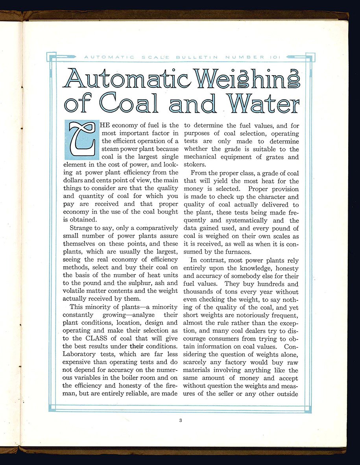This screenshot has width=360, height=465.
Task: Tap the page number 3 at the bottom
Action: [180, 421]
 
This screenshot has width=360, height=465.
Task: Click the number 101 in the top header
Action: [274, 57]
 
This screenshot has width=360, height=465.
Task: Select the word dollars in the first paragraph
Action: [74, 181]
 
